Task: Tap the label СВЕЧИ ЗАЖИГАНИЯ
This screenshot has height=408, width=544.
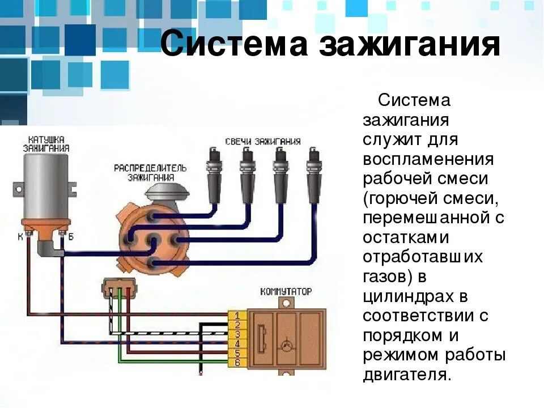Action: [262, 141]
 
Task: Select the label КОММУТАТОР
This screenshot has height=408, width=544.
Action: [286, 291]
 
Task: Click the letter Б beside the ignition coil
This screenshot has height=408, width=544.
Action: [71, 236]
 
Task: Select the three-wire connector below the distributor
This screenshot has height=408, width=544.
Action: [119, 288]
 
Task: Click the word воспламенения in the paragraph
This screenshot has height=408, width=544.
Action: [428, 159]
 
